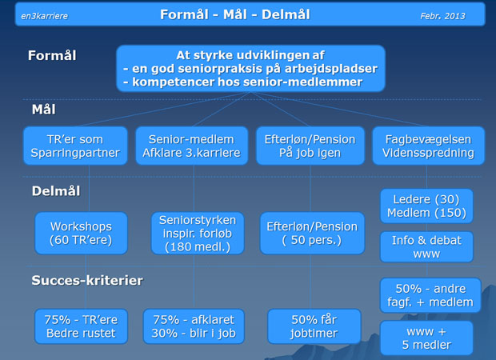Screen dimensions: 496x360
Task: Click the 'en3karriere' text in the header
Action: point(44,16)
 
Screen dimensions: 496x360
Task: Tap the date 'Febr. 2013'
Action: point(442,16)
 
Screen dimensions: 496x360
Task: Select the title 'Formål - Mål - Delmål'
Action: point(235,14)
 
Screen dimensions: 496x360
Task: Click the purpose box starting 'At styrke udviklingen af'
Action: point(250,68)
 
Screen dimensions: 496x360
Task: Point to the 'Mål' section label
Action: point(44,110)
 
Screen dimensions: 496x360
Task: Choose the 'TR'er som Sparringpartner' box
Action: point(75,146)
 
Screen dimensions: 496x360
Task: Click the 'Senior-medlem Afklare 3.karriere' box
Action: point(192,146)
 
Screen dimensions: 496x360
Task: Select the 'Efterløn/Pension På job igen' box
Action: point(310,146)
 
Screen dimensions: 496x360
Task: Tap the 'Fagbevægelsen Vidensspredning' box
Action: point(428,146)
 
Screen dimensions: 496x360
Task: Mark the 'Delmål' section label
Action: point(56,191)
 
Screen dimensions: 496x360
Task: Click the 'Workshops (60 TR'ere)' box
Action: point(81,233)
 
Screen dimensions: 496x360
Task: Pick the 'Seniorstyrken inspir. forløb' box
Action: point(198,233)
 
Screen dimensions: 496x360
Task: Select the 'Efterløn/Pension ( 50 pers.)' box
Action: point(312,233)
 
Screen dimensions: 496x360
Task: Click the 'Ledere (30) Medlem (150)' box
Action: point(426,206)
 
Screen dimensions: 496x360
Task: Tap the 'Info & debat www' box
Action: point(426,246)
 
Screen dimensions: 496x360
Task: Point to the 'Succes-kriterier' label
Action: point(87,280)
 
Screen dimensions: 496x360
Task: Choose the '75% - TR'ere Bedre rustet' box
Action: point(81,326)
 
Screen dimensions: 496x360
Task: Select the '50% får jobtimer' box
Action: point(314,326)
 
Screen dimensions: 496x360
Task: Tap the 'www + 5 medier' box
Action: point(426,338)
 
